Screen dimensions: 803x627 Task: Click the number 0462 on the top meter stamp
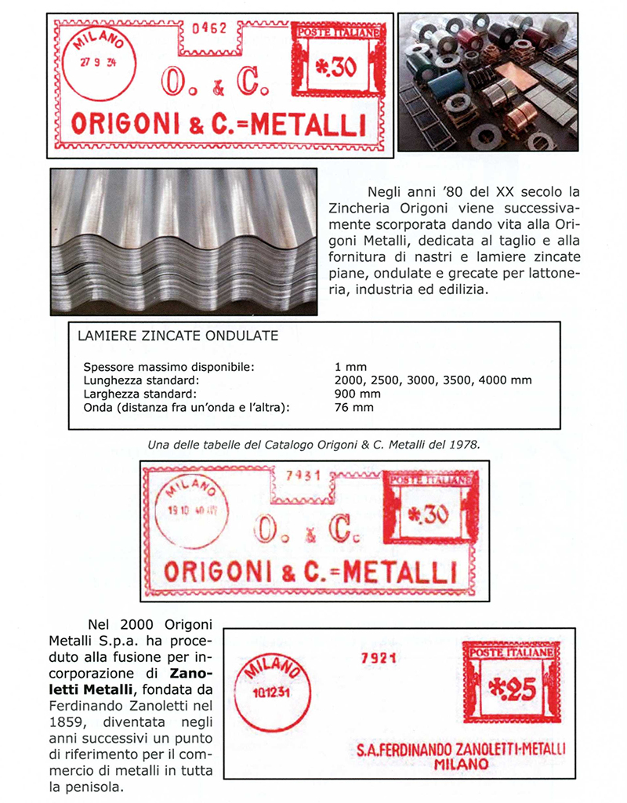(209, 29)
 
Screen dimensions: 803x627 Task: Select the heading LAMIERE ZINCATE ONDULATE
(179, 336)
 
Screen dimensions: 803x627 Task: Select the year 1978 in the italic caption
(463, 444)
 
